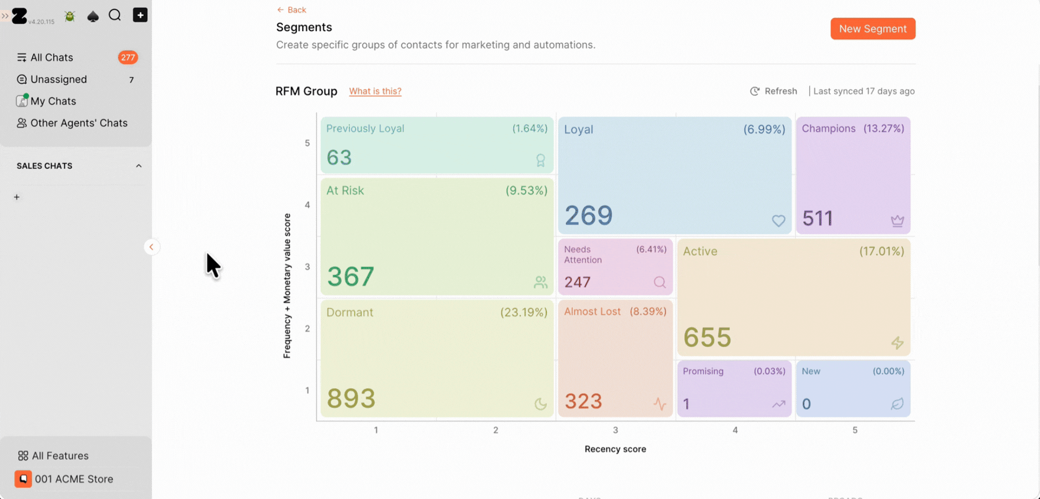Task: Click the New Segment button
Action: point(872,29)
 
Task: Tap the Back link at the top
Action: point(292,10)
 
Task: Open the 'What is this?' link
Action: point(375,91)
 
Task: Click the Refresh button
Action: point(774,91)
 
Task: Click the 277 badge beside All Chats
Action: point(128,58)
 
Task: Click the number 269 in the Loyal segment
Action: point(589,215)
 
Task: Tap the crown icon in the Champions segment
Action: point(897,221)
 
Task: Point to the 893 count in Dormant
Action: point(351,398)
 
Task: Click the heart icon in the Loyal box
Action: point(779,221)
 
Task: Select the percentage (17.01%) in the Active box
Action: point(882,251)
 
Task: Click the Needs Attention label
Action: point(583,254)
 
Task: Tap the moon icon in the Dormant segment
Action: point(540,404)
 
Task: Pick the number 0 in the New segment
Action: point(806,404)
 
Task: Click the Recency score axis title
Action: point(615,449)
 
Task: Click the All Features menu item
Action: point(53,456)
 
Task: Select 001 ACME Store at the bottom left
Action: point(64,479)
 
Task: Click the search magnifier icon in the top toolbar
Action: point(115,15)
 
